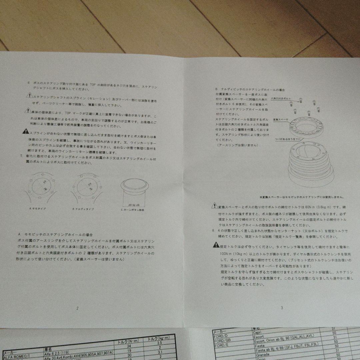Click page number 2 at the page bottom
pyautogui.click(x=77, y=308)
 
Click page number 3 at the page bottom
pyautogui.click(x=282, y=308)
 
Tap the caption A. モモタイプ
pyautogui.click(x=38, y=209)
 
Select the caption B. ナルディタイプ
pyautogui.click(x=83, y=209)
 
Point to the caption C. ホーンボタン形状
pyautogui.click(x=133, y=210)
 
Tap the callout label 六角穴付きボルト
pyautogui.click(x=281, y=99)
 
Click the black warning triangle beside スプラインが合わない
pyautogui.click(x=25, y=132)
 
